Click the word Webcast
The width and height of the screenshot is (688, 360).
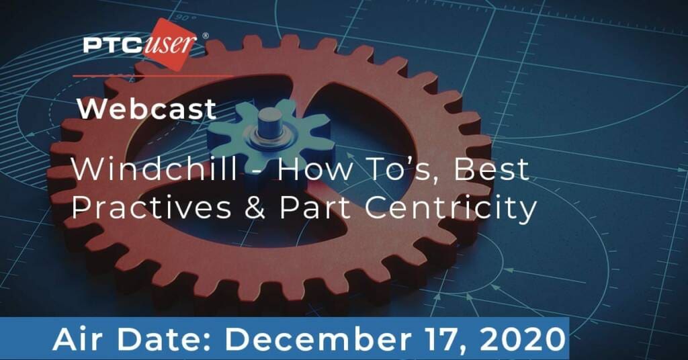[147, 109]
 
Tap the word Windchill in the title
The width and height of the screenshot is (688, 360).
[155, 169]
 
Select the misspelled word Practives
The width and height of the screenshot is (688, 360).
[151, 207]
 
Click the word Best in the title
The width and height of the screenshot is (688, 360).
[491, 169]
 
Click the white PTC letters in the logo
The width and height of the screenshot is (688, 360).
[112, 45]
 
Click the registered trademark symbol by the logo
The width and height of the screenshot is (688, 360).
[205, 36]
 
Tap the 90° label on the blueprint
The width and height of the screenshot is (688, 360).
[187, 18]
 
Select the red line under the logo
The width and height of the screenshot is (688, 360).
[153, 76]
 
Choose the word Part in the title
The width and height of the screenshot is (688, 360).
[315, 208]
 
